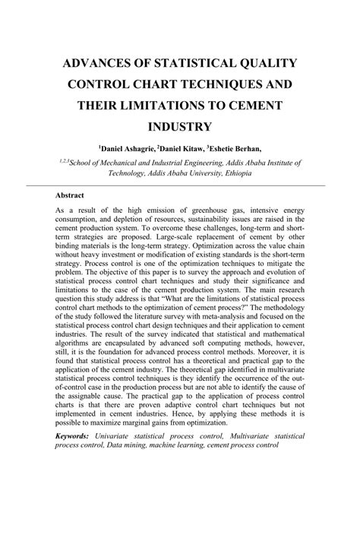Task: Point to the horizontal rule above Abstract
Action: tap(179, 185)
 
